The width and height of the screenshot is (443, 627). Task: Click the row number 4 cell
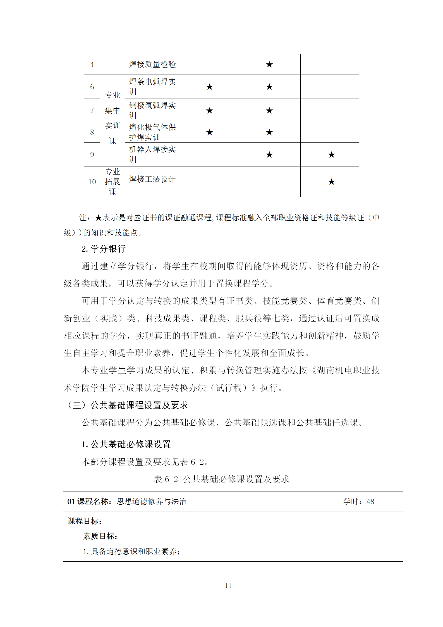[x=92, y=65]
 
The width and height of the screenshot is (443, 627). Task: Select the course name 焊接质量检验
[x=152, y=65]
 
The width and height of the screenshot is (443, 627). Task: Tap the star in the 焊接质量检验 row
[x=269, y=65]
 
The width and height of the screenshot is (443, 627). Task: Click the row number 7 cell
[x=92, y=111]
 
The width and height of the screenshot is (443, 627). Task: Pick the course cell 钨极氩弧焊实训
[x=152, y=110]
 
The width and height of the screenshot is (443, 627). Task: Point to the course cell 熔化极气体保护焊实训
[x=152, y=132]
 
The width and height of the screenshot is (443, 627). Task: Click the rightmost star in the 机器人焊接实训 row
[x=331, y=155]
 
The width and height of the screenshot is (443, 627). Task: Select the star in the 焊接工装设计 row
[x=331, y=182]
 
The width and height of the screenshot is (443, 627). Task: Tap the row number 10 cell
[x=92, y=182]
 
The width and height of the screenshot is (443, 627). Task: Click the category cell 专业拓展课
[x=112, y=182]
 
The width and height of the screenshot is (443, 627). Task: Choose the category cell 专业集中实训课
[x=112, y=118]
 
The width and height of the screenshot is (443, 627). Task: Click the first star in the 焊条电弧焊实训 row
[x=209, y=87]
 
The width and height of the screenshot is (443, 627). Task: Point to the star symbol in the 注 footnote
[x=98, y=218]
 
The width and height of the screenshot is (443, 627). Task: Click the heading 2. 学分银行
[x=103, y=249]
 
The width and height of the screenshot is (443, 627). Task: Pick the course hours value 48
[x=370, y=502]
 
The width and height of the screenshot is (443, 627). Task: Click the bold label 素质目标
[x=100, y=536]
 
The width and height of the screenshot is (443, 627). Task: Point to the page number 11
[x=228, y=586]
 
